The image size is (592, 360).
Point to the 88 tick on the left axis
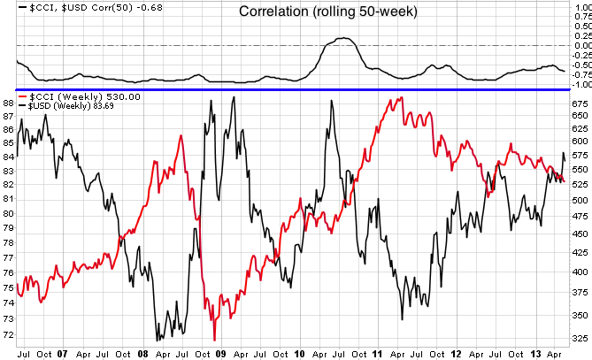[x=8, y=103]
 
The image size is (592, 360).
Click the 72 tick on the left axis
[x=8, y=335]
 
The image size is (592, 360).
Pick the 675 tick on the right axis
[x=580, y=103]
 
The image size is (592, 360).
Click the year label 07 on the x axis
[x=61, y=352]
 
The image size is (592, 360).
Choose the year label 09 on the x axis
[x=220, y=352]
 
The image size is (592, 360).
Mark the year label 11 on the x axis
[x=379, y=352]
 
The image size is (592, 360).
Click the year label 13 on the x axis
[x=536, y=352]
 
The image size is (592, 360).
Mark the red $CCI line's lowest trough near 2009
[x=214, y=339]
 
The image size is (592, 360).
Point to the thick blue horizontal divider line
[x=292, y=89]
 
